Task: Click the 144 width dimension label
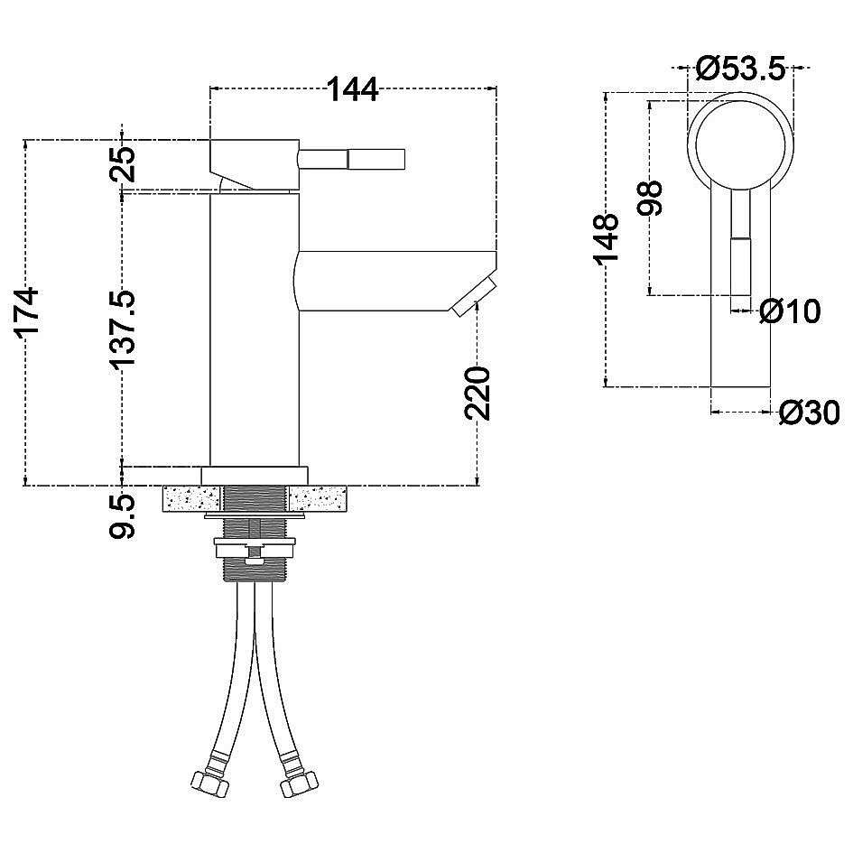[x=353, y=89]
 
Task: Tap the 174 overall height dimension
[x=27, y=312]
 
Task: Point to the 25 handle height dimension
[x=123, y=163]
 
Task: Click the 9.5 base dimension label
[x=122, y=515]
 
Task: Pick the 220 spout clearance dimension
[x=477, y=393]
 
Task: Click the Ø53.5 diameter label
[x=741, y=69]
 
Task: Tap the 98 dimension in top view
[x=650, y=198]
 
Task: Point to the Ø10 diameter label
[x=790, y=311]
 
